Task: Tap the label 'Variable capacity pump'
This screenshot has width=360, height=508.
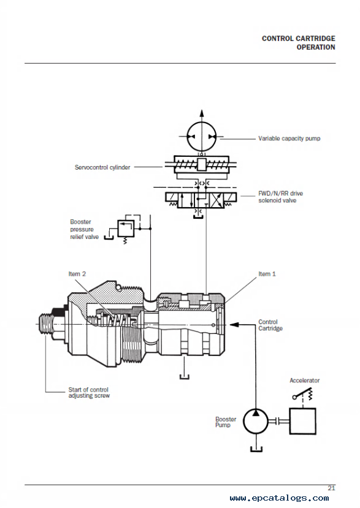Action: (x=289, y=138)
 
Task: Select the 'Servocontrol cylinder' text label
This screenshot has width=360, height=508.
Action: (x=102, y=167)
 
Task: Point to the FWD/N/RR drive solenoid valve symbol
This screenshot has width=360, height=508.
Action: (x=201, y=200)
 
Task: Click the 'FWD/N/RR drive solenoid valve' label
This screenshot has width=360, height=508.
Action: (x=280, y=197)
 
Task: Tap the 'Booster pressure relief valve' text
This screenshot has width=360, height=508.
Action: (x=84, y=229)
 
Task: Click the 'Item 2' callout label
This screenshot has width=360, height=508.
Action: (x=77, y=274)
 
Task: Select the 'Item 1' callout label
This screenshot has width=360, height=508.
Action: (x=267, y=274)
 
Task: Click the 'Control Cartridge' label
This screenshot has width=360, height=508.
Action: (x=270, y=325)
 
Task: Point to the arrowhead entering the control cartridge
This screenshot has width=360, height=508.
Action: (x=234, y=324)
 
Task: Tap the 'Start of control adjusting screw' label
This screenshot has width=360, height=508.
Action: (x=89, y=392)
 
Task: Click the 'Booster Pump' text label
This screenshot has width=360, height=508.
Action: (x=226, y=422)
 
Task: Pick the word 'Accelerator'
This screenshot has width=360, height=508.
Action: (x=305, y=381)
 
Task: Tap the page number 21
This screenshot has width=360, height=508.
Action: (x=331, y=488)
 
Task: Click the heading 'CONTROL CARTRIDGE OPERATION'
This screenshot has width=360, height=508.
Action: (x=299, y=43)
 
